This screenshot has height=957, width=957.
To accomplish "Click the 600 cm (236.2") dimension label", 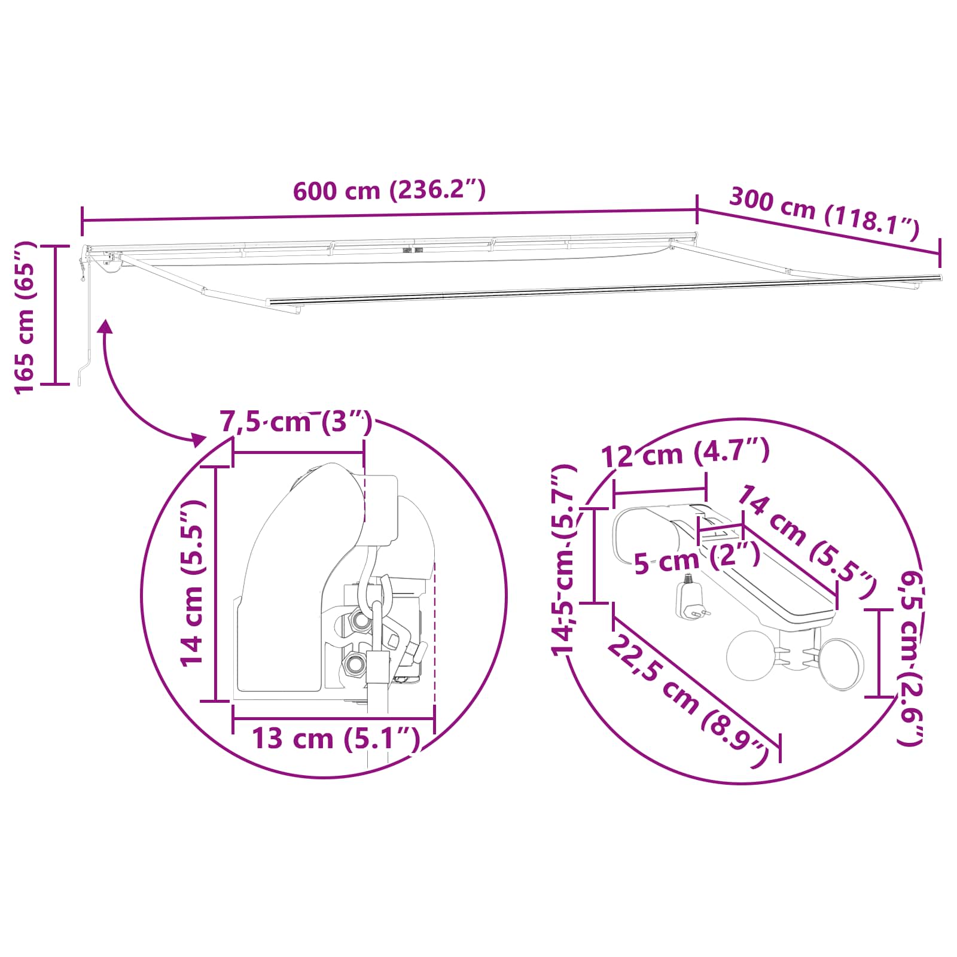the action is click(389, 190).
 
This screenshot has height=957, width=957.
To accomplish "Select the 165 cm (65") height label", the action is click(25, 318).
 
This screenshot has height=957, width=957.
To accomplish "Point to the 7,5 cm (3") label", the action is click(296, 422).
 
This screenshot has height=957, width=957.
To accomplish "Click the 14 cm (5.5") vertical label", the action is click(193, 583).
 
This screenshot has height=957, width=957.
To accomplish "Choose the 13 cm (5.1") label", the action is click(336, 738).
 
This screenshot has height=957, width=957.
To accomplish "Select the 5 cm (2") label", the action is click(697, 559).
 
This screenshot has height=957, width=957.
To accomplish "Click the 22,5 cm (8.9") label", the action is click(688, 702).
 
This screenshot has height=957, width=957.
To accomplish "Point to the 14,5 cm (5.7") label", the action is click(563, 560).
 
